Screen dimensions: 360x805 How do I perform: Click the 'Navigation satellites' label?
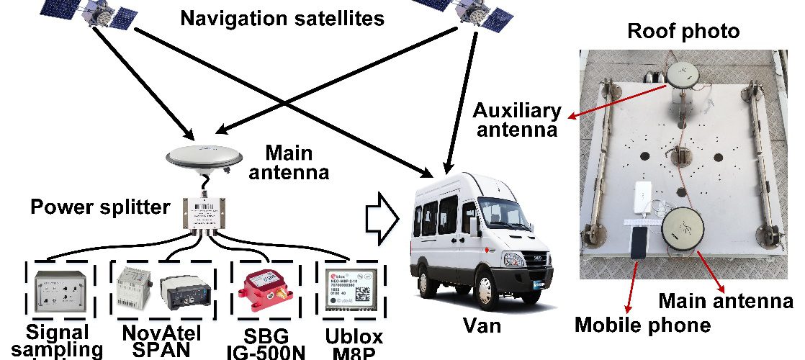pos(282,18)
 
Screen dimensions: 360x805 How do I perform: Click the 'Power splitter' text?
pos(100,208)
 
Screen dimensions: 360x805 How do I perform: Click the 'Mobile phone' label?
pos(642,325)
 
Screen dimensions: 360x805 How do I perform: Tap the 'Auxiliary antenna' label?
pos(517,120)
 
